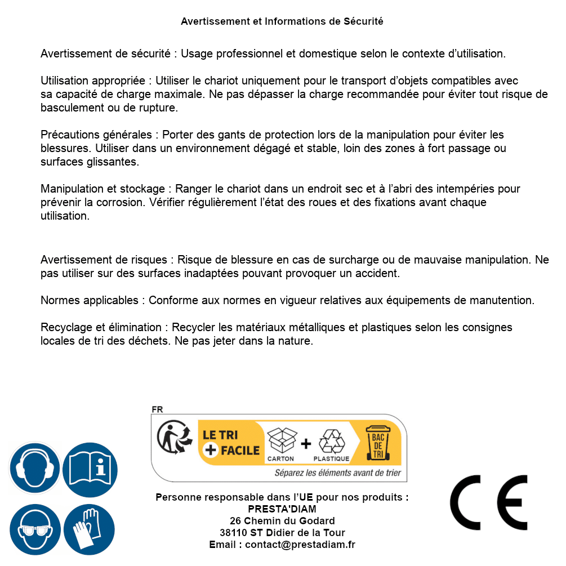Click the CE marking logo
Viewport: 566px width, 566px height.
(488, 503)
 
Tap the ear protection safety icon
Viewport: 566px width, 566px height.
(34, 467)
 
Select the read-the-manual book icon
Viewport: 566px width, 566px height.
(90, 467)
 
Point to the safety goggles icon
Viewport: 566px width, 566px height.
(34, 529)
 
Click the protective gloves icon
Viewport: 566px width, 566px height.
(89, 529)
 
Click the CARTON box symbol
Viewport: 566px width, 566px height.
(281, 442)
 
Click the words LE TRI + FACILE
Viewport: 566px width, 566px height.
(231, 443)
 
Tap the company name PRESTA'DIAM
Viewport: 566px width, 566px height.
(282, 509)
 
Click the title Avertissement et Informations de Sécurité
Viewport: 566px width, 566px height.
(282, 21)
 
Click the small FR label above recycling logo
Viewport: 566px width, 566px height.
(157, 410)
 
